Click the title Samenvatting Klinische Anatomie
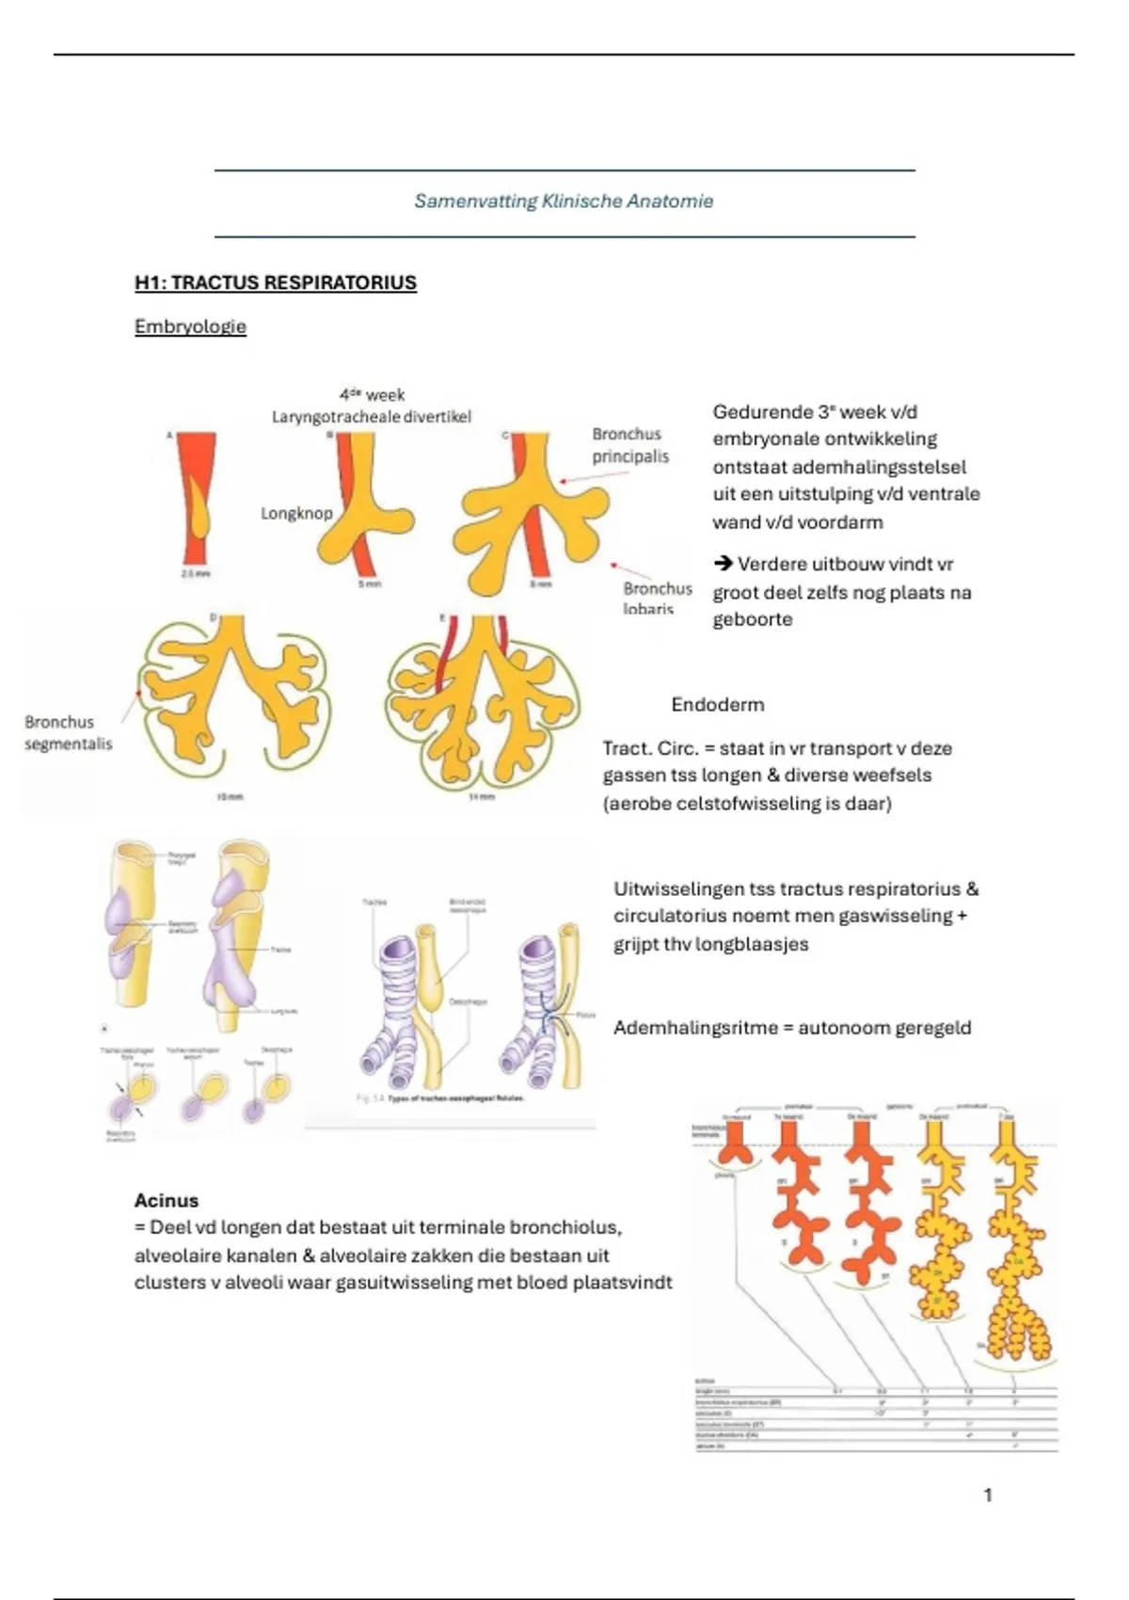pos(564,201)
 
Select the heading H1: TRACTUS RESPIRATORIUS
pos(275,283)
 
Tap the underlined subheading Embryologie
pos(190,328)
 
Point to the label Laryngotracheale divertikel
pos(371,417)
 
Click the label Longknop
pos(296,514)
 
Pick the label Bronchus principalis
pos(629,445)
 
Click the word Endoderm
pos(717,705)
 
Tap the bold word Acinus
pos(167,1201)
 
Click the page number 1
pos(988,1495)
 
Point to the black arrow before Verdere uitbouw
pos(723,564)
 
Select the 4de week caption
pos(372,395)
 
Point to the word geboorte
pos(753,620)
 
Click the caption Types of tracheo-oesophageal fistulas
pos(455,1098)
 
